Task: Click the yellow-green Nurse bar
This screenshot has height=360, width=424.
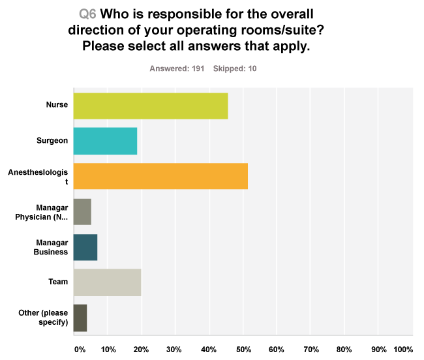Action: pyautogui.click(x=151, y=106)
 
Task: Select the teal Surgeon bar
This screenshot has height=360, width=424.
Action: pyautogui.click(x=105, y=141)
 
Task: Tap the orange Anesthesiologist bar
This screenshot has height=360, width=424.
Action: pyautogui.click(x=160, y=176)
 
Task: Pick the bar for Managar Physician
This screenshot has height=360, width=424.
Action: pyautogui.click(x=82, y=211)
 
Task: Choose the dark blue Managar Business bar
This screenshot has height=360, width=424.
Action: pyautogui.click(x=85, y=247)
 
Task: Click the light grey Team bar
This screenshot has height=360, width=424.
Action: pyautogui.click(x=107, y=282)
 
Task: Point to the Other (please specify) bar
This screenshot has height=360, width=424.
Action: pyautogui.click(x=80, y=318)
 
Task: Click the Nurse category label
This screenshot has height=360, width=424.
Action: pyautogui.click(x=57, y=106)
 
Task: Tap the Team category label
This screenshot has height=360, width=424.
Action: pyautogui.click(x=58, y=282)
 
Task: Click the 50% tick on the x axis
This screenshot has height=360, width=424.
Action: pyautogui.click(x=243, y=350)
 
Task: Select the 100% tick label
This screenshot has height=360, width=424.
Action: pyautogui.click(x=402, y=350)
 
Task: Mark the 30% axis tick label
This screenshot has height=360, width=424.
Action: pyautogui.click(x=174, y=350)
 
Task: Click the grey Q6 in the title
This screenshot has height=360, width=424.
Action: pyautogui.click(x=87, y=14)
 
